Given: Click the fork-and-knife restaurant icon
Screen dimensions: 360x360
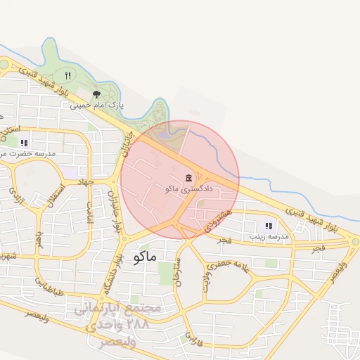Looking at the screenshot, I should click(67, 75).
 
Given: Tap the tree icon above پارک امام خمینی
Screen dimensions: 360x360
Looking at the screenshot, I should click(96, 94).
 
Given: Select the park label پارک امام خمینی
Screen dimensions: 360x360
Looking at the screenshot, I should click(96, 105).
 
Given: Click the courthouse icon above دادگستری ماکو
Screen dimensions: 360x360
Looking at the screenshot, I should click(188, 177).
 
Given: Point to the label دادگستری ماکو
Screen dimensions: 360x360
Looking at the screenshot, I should click(186, 188).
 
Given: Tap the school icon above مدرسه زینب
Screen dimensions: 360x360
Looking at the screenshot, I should click(268, 226).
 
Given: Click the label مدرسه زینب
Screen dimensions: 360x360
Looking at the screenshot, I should click(266, 237).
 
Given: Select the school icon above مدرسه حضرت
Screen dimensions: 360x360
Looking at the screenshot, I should click(24, 142).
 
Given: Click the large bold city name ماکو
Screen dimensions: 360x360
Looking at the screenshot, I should click(143, 257).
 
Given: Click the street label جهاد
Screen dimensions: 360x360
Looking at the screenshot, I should click(86, 181).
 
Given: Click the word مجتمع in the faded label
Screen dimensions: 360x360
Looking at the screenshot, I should click(144, 308).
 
